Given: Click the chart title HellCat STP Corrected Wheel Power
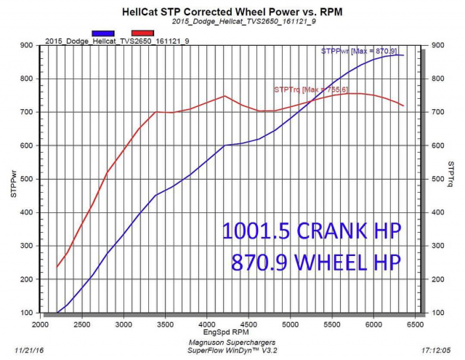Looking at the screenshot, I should click(232, 12).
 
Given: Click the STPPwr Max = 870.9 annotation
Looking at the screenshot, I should click(363, 51).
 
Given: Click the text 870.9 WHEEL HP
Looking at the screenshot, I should click(316, 262).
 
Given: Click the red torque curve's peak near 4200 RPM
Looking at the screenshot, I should click(225, 96).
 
